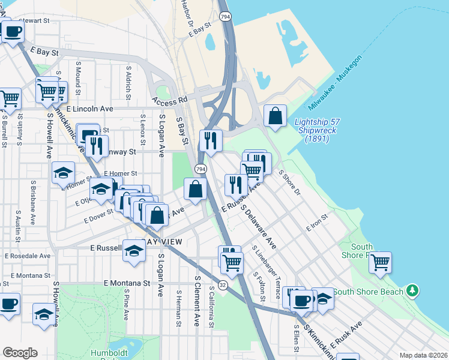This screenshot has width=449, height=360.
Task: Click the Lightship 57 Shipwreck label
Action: (x=315, y=130)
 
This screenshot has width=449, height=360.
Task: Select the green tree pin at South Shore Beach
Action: (x=412, y=291)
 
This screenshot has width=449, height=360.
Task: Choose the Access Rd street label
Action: (x=170, y=100)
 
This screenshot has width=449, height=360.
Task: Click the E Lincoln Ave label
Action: (x=90, y=109)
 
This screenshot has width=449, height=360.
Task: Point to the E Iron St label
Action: (x=318, y=223)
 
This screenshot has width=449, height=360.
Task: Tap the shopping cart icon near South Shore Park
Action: (x=380, y=262)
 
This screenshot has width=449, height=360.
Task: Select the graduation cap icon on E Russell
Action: (x=134, y=250)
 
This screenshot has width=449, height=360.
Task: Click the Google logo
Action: (x=20, y=353)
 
